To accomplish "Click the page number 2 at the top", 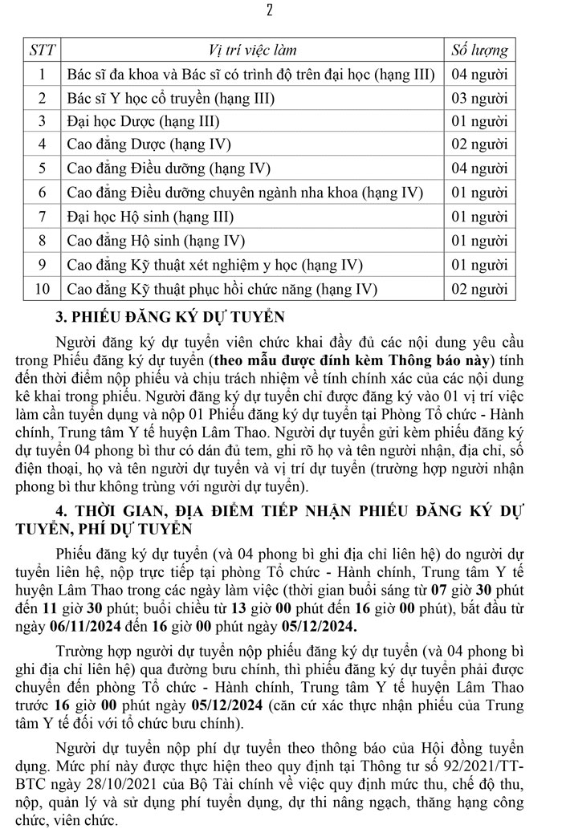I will tap(270, 10).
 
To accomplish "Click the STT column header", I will tap(43, 50).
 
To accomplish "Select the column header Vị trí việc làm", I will tap(252, 50).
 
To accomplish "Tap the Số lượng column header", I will tap(480, 50).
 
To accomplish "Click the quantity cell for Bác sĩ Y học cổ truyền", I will tap(480, 98).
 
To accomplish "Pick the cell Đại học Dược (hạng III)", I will tap(144, 121).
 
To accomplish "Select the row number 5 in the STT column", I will tap(43, 169).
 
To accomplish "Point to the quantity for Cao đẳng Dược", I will tap(480, 145).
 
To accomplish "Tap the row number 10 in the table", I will tap(43, 288).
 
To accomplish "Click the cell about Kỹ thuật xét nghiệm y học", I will tap(214, 264).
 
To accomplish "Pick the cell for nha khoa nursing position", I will tap(245, 193).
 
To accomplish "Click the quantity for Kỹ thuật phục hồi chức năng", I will tap(480, 288).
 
